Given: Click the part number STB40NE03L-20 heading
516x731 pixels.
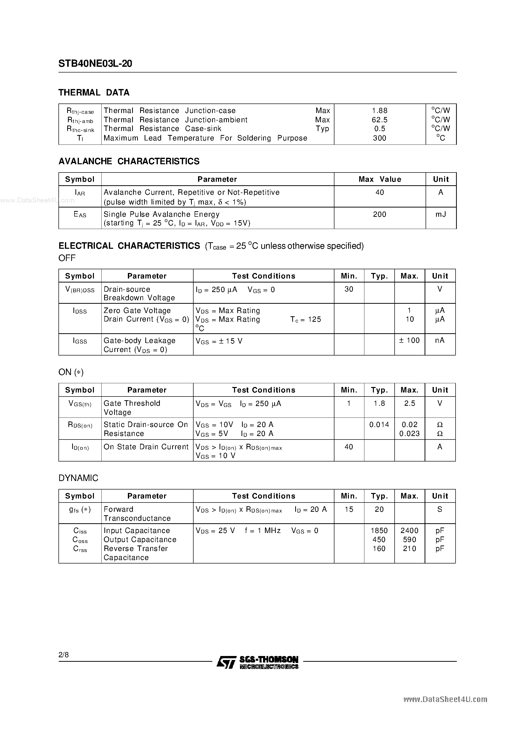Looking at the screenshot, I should (95, 64).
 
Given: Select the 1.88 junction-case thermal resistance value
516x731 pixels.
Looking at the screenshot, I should (380, 111).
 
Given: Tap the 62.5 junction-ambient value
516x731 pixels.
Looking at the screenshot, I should (380, 120).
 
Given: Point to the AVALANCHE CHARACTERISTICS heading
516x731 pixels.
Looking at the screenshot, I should (129, 161).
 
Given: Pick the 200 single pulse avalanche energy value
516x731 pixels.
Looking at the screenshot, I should (380, 214).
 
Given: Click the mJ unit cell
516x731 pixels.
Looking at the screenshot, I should (441, 214).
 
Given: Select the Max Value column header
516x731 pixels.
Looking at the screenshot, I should (380, 179).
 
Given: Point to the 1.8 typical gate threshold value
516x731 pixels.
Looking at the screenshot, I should (379, 404).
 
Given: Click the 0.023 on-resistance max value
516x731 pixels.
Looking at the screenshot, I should (409, 434).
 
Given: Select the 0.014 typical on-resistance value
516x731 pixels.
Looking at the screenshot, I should (379, 425).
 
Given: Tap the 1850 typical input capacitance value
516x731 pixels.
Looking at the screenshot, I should (379, 531).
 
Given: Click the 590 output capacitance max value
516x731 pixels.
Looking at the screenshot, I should (409, 540).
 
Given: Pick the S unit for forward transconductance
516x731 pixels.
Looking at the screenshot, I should (440, 509).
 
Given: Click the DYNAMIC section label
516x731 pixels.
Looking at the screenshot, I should (78, 478).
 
